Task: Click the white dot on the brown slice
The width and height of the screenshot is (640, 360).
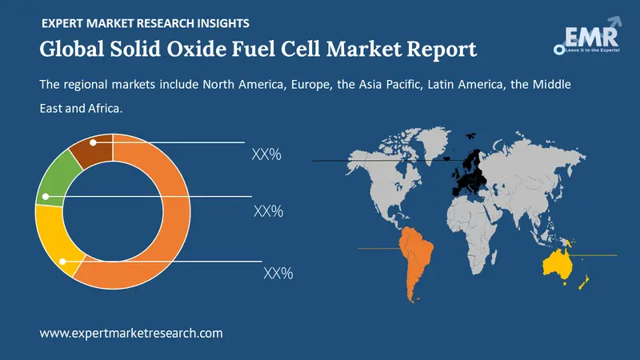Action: tap(94, 142)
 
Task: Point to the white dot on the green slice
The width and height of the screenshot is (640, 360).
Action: tap(46, 196)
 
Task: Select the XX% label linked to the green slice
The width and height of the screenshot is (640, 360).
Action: tap(269, 211)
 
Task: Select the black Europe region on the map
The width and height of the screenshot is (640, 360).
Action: tap(468, 172)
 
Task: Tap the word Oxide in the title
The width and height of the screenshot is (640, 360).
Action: tap(186, 49)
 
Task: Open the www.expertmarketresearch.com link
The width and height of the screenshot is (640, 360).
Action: tap(130, 333)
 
